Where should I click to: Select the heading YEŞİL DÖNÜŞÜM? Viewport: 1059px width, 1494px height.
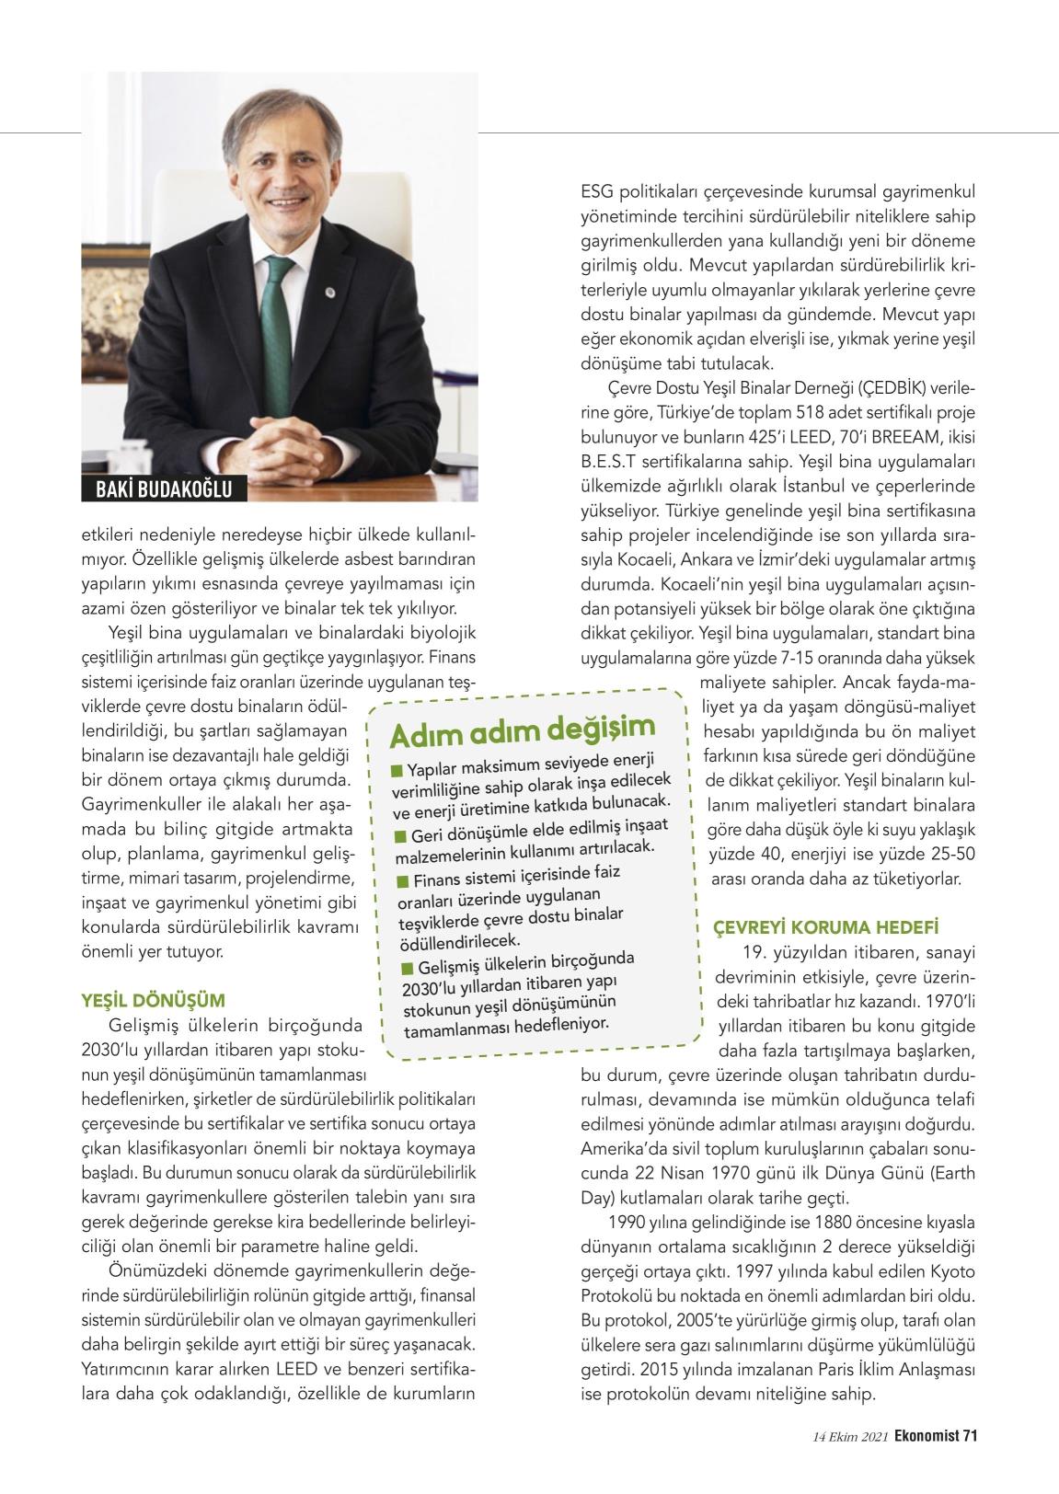[x=154, y=1000]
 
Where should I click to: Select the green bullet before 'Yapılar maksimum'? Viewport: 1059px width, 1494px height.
[x=397, y=769]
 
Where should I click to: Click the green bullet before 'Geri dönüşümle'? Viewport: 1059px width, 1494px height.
[x=400, y=835]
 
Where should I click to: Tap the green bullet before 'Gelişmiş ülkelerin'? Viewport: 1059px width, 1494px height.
[x=408, y=968]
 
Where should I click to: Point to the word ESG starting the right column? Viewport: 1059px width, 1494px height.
[x=597, y=193]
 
